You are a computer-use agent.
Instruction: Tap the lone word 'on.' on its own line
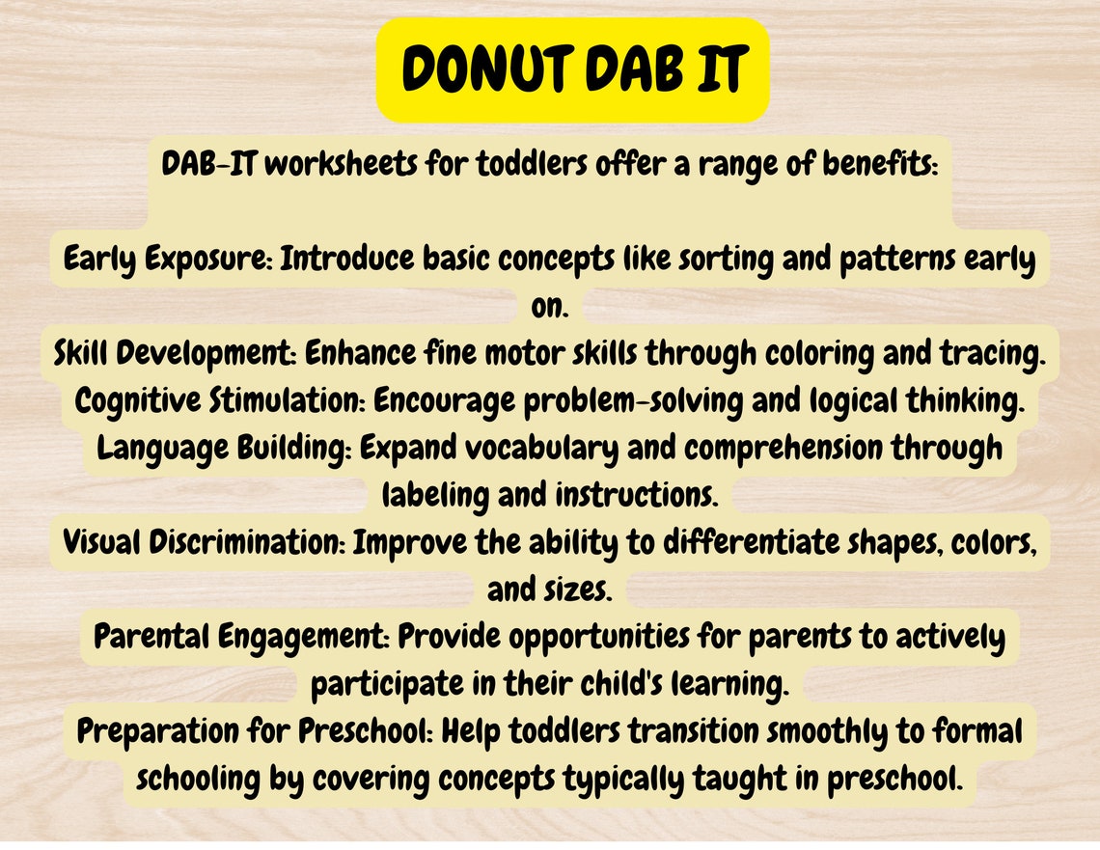pyautogui.click(x=550, y=307)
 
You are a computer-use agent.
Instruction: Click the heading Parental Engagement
pyautogui.click(x=241, y=637)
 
